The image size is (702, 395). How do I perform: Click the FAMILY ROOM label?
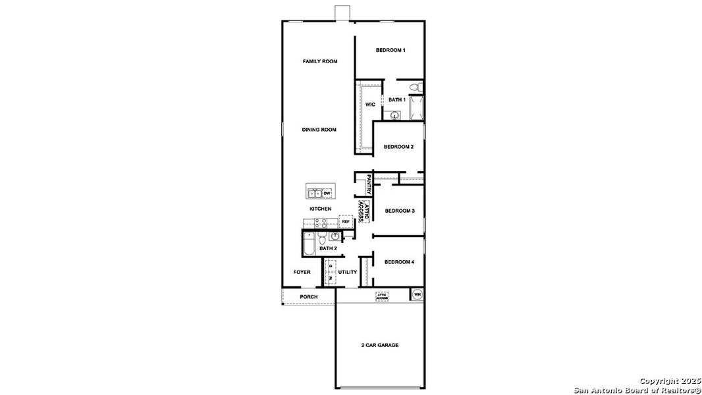[320, 61]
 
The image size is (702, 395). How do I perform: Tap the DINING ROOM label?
[319, 130]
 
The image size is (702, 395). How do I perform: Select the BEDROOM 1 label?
[391, 50]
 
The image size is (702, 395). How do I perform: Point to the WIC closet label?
[370, 104]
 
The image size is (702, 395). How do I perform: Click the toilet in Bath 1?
[414, 88]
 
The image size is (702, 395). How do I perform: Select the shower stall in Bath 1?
[416, 109]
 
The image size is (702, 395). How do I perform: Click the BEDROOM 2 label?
[398, 146]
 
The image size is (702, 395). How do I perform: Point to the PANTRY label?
[369, 184]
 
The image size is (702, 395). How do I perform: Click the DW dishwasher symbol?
[327, 193]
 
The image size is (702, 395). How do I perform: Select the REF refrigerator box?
[346, 222]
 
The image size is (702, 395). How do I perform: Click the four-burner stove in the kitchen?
[321, 224]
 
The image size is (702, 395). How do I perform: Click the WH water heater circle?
[417, 294]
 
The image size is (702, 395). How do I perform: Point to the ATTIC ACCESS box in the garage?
[382, 296]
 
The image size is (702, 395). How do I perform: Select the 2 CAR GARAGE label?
[379, 345]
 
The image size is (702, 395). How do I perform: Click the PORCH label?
[308, 297]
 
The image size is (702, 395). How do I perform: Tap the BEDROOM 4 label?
[399, 262]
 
